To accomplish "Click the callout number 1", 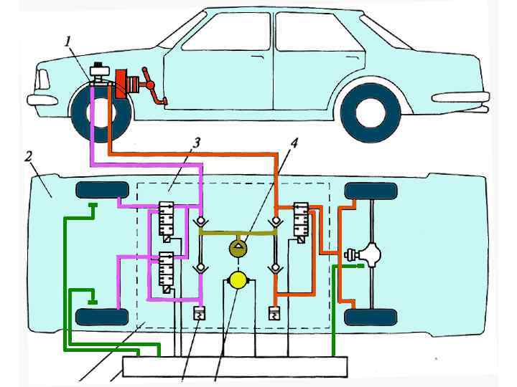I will point(69,41).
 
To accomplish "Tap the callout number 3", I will point(195,143).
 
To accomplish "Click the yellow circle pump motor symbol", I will point(237,280).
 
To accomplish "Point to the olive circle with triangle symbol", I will point(238,249).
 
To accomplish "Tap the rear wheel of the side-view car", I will point(371,112).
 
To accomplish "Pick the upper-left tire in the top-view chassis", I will point(98,191).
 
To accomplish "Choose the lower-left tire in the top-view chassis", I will point(98,316).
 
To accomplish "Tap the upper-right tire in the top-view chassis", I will point(371,191).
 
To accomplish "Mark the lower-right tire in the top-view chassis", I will point(371,316).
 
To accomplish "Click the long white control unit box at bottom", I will point(235,366).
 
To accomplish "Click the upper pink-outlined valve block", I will point(167,221).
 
